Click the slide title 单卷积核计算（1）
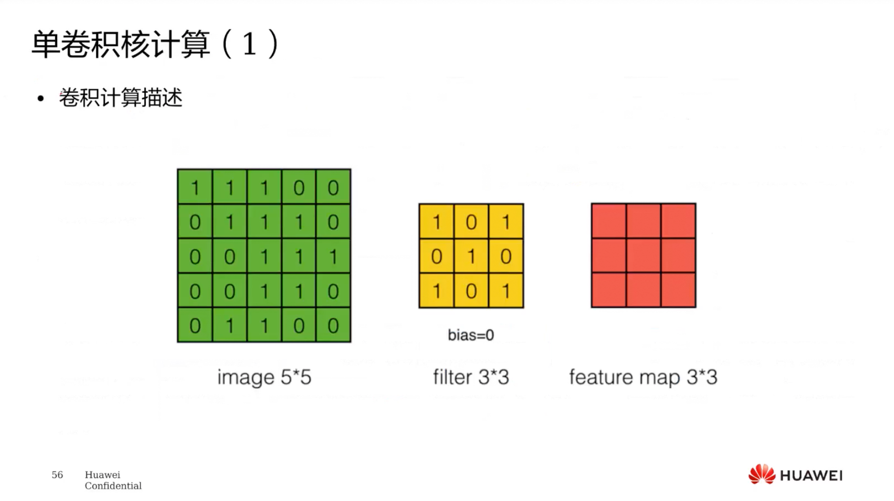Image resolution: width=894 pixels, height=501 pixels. pos(155,44)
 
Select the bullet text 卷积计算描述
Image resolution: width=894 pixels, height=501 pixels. pos(120,97)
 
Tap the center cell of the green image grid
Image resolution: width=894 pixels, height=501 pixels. pos(264,256)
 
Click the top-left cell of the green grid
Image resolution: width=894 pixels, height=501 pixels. pos(195,187)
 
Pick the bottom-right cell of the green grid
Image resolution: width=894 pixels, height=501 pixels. pos(333,325)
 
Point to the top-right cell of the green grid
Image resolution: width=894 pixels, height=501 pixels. pos(333,187)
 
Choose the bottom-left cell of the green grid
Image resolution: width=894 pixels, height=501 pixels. pos(195,325)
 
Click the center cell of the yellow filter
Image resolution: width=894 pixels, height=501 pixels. pos(471,256)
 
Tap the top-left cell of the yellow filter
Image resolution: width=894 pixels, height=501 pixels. pos(436,221)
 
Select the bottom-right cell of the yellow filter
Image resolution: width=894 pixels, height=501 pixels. pos(506,291)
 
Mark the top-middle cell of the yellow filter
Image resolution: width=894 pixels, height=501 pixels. pos(471,221)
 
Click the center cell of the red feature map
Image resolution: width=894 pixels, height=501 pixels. pos(644,256)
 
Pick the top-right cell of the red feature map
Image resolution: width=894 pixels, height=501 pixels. pos(678,221)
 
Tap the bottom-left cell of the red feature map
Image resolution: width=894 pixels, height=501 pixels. pos(609,290)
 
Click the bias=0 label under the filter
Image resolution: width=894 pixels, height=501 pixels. pos(471,335)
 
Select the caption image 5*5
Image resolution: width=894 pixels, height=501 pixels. pos(264,378)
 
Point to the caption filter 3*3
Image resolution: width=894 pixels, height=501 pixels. pos(471,377)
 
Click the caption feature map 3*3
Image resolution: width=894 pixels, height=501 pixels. pos(643,378)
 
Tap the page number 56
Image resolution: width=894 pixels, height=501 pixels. pos(57,475)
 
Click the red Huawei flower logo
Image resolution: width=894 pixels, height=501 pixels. pos(762,474)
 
